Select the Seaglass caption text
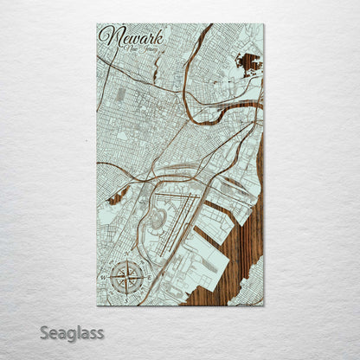click(x=71, y=332)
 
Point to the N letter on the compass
click(x=123, y=260)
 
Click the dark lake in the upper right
click(x=247, y=63)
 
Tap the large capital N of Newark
click(x=107, y=36)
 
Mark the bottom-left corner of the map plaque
click(x=97, y=304)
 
